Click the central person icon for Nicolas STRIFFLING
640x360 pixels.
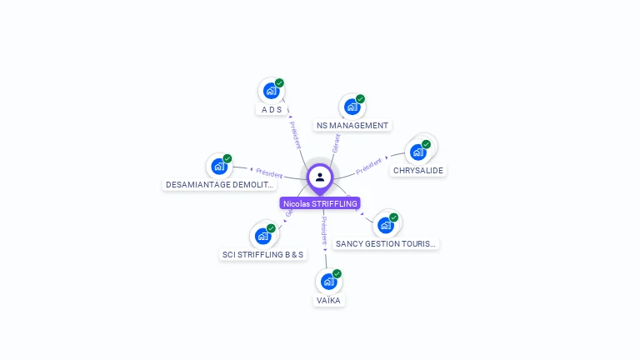pos(320,177)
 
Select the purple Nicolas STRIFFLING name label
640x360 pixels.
pos(320,203)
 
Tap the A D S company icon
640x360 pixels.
pos(271,91)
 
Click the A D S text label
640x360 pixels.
pos(272,110)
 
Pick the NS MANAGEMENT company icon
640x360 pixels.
pos(352,107)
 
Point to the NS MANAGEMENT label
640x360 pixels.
pos(352,126)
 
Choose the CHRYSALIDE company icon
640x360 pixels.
pos(418,152)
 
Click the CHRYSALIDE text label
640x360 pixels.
pos(418,170)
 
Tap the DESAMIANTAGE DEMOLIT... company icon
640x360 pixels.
pos(219,167)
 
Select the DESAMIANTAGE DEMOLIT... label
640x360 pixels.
pos(220,185)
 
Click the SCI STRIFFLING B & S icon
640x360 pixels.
pos(262,236)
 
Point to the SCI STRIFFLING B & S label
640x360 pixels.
pos(263,254)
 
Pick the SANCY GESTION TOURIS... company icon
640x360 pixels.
pos(385,225)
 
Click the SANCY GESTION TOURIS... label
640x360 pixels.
pos(385,244)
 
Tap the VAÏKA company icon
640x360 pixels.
pos(328,282)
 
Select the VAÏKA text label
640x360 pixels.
pos(328,300)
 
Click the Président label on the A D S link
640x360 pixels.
pos(296,133)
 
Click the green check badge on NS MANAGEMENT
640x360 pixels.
pos(360,99)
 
